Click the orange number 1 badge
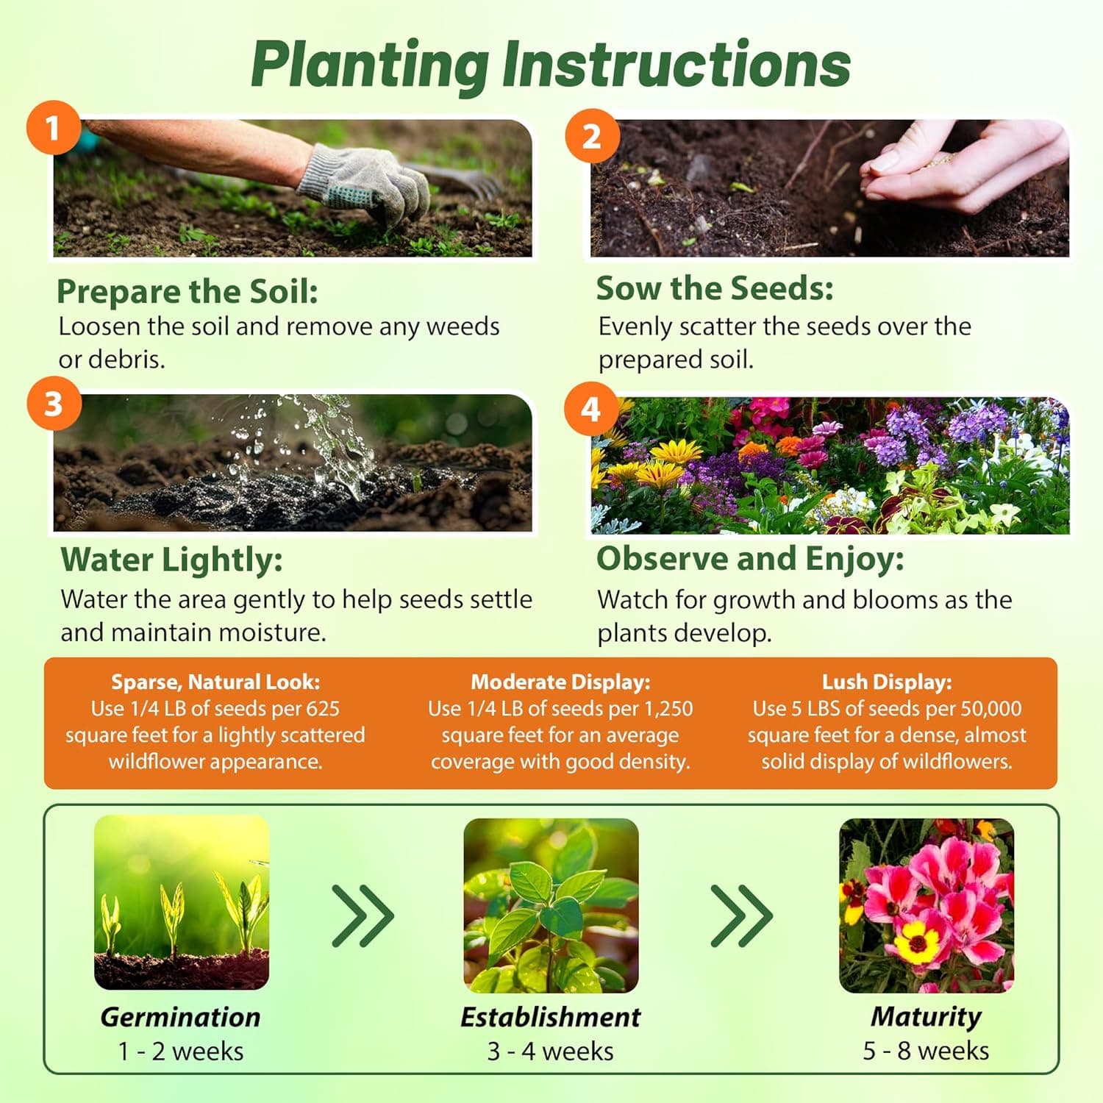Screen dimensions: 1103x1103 pos(53,129)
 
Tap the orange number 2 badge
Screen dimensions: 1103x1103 pos(591,137)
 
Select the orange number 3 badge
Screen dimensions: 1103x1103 pos(53,404)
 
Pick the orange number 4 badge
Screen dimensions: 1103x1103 pos(591,409)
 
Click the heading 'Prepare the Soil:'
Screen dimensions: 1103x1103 pos(188,291)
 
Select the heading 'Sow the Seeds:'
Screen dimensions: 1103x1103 pos(715,288)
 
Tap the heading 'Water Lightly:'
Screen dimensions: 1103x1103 pos(171,560)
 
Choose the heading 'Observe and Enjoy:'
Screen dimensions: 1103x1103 pos(750,559)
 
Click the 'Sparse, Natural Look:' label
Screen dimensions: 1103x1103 pos(215,682)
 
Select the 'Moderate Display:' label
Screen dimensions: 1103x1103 pos(560,682)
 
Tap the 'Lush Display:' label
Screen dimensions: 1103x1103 pos(887,682)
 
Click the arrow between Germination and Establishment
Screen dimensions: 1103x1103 pos(363,915)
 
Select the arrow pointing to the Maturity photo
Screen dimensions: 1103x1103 pos(742,915)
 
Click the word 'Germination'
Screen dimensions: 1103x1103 pos(180,1017)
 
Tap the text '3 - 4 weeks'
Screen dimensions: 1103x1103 pos(550,1052)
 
